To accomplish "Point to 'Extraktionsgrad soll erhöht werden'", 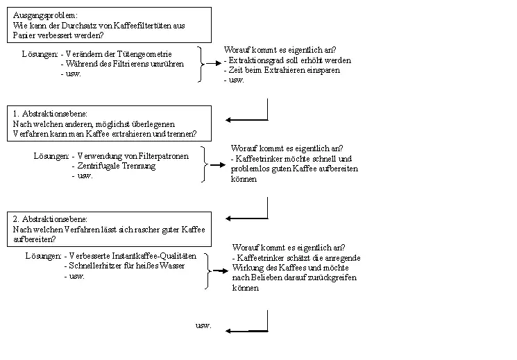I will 291,60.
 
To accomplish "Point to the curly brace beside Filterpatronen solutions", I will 204,164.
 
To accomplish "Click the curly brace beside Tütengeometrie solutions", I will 201,64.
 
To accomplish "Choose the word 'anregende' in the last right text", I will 344,258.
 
